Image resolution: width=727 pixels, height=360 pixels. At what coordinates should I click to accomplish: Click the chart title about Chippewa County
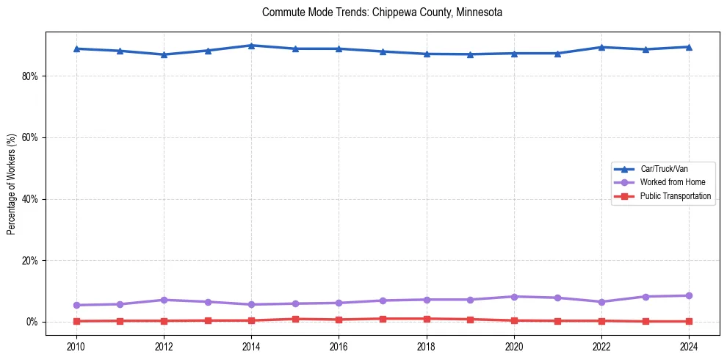[x=382, y=12]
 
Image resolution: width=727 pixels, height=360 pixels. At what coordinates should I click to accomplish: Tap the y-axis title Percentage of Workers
[x=11, y=184]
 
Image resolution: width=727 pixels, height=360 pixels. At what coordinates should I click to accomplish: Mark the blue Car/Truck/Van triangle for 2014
[x=251, y=46]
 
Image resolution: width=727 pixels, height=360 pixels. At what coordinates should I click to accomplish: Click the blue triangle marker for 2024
[x=689, y=47]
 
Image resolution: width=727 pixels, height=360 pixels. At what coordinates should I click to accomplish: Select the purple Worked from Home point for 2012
[x=164, y=300]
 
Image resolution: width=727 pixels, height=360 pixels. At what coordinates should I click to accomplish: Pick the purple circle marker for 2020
[x=514, y=297]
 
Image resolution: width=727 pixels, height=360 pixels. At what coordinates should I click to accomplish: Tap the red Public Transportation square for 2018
[x=427, y=319]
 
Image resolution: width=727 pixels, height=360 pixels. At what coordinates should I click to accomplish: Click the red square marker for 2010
[x=76, y=321]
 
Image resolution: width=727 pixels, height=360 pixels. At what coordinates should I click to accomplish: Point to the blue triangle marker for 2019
[x=470, y=54]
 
